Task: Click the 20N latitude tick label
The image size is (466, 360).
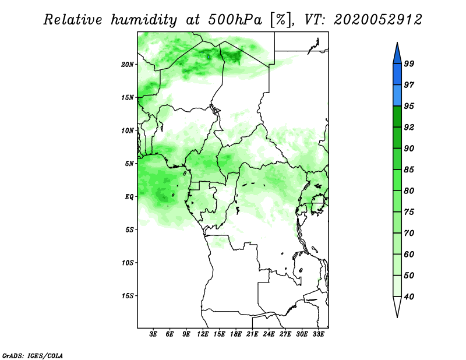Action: click(x=128, y=64)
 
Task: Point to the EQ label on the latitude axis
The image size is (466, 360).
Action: click(x=129, y=196)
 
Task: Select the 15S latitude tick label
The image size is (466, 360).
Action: click(x=128, y=296)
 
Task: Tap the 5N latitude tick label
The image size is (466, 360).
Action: click(x=129, y=164)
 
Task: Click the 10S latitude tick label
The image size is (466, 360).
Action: click(x=128, y=263)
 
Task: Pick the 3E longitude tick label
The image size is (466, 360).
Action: click(x=153, y=334)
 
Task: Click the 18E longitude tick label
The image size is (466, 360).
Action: click(x=236, y=334)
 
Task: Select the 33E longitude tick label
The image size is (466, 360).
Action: click(x=318, y=334)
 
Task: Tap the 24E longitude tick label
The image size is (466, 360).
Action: click(x=269, y=334)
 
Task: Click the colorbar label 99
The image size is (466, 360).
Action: click(x=409, y=63)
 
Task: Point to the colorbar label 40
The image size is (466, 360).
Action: click(x=409, y=297)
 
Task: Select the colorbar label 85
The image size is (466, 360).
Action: click(x=409, y=170)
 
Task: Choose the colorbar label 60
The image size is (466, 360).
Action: click(x=409, y=254)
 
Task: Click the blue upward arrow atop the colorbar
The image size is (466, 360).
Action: click(x=397, y=55)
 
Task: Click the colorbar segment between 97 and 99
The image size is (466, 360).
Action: click(x=397, y=75)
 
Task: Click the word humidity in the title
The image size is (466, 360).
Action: click(x=144, y=20)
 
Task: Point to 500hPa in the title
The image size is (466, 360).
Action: click(x=235, y=20)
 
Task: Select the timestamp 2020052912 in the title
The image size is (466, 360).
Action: click(x=377, y=20)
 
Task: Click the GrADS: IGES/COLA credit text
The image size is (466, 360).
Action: click(x=33, y=355)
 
